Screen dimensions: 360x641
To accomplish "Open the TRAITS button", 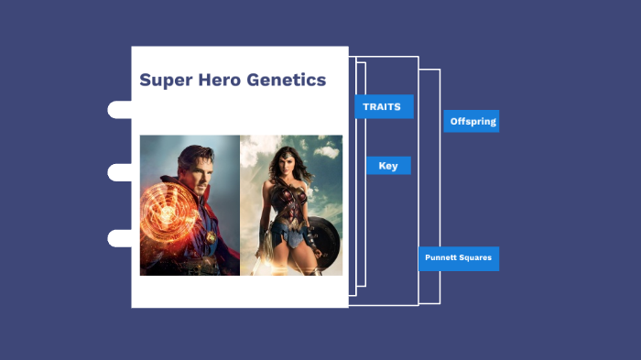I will pos(384,107).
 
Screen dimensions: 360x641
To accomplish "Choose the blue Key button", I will pos(388,166).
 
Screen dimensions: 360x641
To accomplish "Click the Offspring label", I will pos(472,121).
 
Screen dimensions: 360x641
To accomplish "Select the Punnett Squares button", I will pos(459,258).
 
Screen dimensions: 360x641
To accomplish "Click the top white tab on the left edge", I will pos(120,110).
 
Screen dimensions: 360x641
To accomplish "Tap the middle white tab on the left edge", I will pos(120,172).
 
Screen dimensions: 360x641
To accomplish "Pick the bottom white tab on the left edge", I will pos(120,238).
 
